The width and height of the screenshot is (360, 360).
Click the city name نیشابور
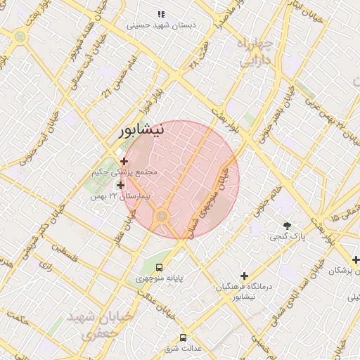(x=142, y=130)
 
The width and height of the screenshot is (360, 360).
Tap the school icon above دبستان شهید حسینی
(x=161, y=13)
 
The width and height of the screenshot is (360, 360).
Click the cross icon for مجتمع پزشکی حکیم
(x=124, y=161)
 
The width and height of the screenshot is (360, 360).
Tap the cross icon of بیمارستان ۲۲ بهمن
(x=122, y=186)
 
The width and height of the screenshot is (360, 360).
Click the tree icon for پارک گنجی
(x=287, y=225)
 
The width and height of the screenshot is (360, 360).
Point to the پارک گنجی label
(x=288, y=237)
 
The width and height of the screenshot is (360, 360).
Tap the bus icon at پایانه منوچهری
(x=160, y=267)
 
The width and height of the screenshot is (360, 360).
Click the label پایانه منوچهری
(x=160, y=278)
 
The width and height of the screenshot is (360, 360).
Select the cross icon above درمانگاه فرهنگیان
(x=244, y=276)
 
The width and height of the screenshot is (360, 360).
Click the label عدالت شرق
(x=183, y=348)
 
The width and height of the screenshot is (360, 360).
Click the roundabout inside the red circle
(x=162, y=216)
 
